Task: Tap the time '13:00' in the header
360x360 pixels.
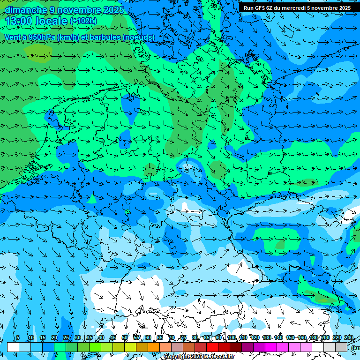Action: [x=19, y=21]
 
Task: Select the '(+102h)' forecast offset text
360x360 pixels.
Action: [x=83, y=21]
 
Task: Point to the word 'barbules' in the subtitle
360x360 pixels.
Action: [x=105, y=37]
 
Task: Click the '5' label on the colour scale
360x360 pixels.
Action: [x=18, y=338]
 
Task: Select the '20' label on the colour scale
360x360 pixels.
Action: [x=54, y=338]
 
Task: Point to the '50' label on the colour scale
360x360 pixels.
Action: [x=124, y=338]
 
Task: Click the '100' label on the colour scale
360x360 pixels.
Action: [x=231, y=338]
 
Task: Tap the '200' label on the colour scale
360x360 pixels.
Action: [x=325, y=338]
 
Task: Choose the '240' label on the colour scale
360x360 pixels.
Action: [x=348, y=338]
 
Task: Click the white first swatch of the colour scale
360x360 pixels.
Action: [x=13, y=347]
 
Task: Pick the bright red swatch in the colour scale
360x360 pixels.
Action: [x=212, y=347]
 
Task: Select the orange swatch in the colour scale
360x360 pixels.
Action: [x=154, y=347]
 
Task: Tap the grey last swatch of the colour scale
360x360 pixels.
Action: [x=341, y=347]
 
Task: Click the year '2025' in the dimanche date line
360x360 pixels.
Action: [x=113, y=10]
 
